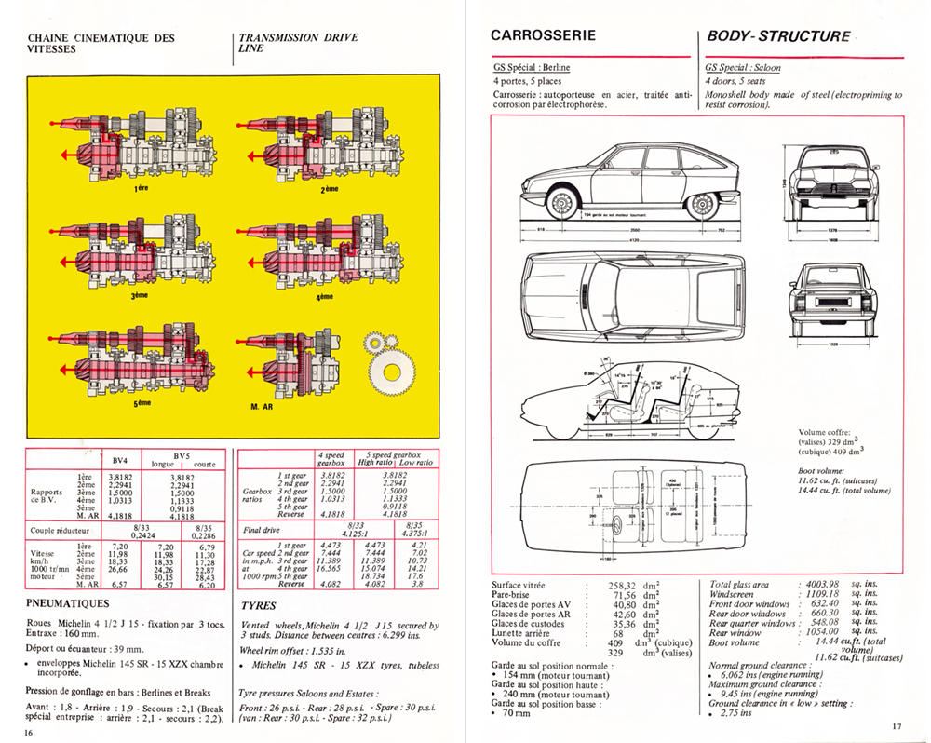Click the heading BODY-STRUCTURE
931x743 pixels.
click(778, 37)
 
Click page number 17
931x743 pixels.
click(897, 727)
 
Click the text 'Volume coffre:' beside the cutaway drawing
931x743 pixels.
click(827, 432)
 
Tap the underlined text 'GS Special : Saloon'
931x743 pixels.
click(743, 68)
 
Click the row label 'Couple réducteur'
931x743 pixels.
click(63, 530)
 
